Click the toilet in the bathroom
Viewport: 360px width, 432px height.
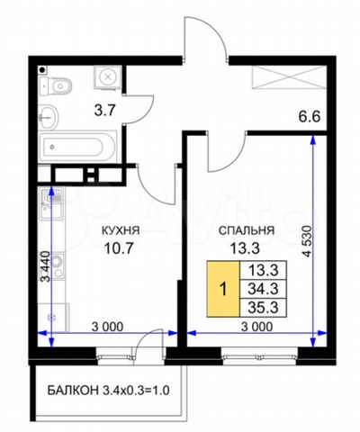click(x=56, y=86)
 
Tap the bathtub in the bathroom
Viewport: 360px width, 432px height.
click(x=77, y=147)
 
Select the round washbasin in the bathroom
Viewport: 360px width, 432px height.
click(x=49, y=117)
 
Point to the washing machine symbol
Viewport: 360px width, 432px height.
click(x=107, y=77)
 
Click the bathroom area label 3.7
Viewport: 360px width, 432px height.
click(x=104, y=111)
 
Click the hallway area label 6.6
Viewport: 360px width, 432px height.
click(x=310, y=116)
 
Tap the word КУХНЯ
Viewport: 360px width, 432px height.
click(x=121, y=230)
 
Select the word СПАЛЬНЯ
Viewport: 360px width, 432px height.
click(x=247, y=230)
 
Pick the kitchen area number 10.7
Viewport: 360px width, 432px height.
click(x=118, y=248)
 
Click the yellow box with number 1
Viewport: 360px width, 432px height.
click(x=223, y=289)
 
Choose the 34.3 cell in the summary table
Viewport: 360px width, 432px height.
click(x=264, y=289)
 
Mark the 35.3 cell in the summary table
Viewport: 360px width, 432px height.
click(x=264, y=308)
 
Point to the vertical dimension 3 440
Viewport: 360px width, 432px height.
click(x=47, y=266)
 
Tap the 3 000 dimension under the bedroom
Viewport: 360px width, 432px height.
click(x=257, y=327)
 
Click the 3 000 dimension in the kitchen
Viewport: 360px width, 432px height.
click(x=107, y=327)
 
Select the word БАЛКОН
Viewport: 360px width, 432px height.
click(x=73, y=391)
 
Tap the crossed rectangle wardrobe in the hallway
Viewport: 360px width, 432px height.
click(x=289, y=77)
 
